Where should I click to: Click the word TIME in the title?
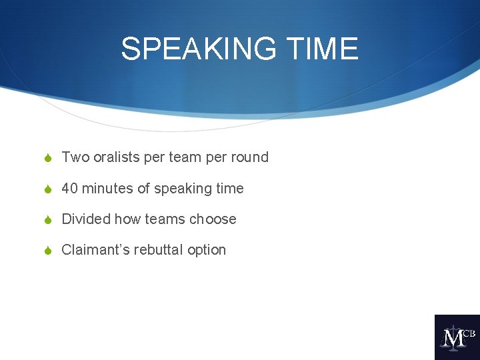pos(327,49)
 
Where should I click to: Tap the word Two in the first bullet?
pos(75,157)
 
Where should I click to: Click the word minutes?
pos(108,189)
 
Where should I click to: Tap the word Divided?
pos(86,219)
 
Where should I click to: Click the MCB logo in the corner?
pos(457,337)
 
